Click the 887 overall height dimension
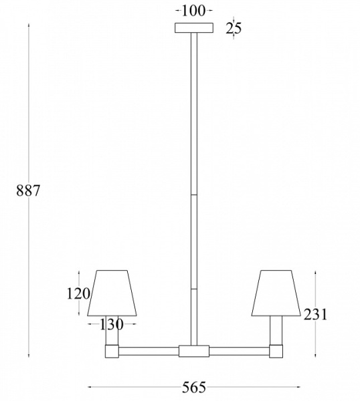28,190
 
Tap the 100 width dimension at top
194,11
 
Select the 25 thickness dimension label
234,28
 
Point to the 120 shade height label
78,293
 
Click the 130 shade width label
112,325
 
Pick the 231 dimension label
315,315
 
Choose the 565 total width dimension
194,387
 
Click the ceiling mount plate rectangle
194,28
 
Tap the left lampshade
112,293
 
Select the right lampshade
276,293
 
